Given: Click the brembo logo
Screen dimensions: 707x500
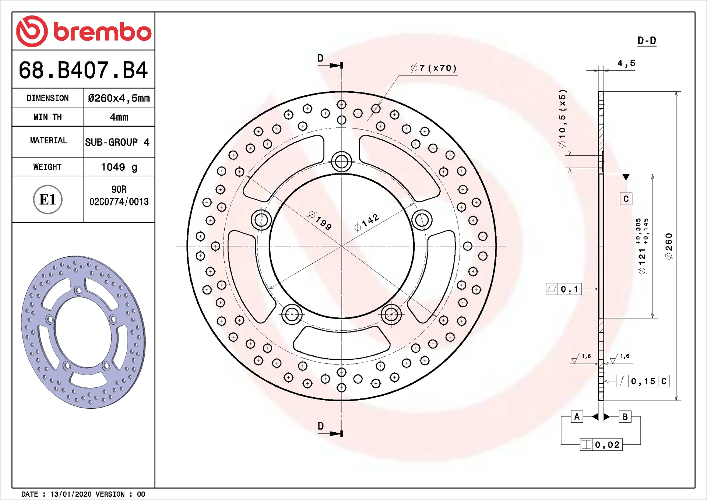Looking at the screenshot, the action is pyautogui.click(x=84, y=31).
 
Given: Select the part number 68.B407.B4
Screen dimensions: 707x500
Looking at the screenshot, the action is pyautogui.click(x=83, y=70).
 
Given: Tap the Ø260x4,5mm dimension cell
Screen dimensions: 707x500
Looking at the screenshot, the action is pyautogui.click(x=119, y=98).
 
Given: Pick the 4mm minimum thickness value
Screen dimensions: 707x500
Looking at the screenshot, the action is pyautogui.click(x=119, y=117).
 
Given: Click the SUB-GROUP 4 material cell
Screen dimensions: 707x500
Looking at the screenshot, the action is pyautogui.click(x=117, y=142).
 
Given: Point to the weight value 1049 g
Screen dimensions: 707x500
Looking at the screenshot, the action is pyautogui.click(x=119, y=167).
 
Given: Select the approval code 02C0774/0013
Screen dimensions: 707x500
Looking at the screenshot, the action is pyautogui.click(x=119, y=202).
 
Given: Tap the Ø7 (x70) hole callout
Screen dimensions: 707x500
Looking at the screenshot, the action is pyautogui.click(x=434, y=68).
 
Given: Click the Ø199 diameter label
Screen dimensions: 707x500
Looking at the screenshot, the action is pyautogui.click(x=320, y=221).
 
